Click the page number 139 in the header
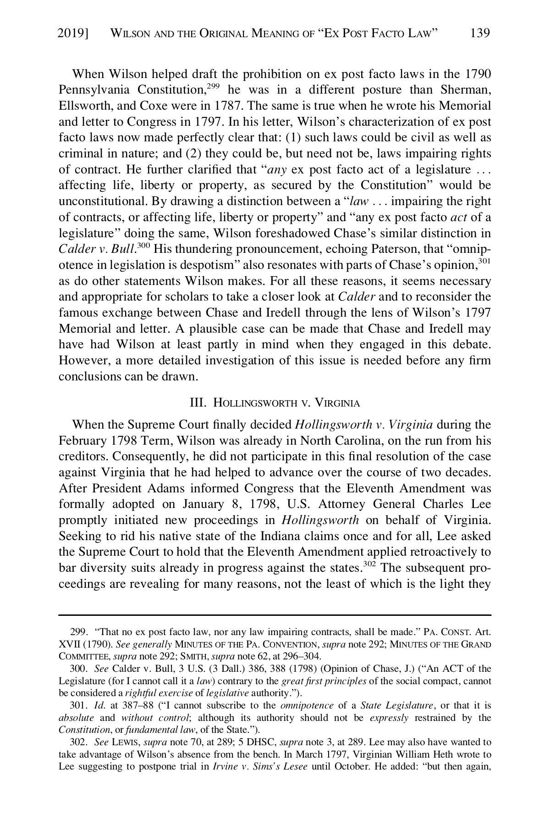click(x=480, y=33)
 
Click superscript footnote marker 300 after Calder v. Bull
click(x=144, y=246)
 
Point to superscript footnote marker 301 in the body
click(x=484, y=261)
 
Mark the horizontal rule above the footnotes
click(x=275, y=614)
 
